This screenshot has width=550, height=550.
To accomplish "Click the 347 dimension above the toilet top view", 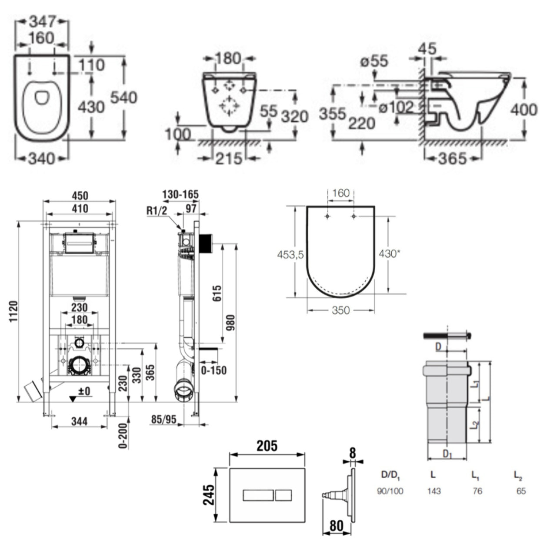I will pyautogui.click(x=42, y=21).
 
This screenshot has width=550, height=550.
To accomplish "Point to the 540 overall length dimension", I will pyautogui.click(x=123, y=97).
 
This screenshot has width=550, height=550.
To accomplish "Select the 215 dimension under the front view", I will pyautogui.click(x=229, y=159).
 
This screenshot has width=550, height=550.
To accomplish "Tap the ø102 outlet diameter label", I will pyautogui.click(x=396, y=107).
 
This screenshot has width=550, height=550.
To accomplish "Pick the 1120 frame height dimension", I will pyautogui.click(x=13, y=311).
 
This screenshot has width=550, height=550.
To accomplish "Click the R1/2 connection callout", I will pyautogui.click(x=157, y=211).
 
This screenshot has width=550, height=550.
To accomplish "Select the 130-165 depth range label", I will pyautogui.click(x=180, y=194).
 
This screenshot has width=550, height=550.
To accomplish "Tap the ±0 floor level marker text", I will pyautogui.click(x=84, y=391).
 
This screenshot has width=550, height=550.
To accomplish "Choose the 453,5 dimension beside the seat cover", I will pyautogui.click(x=290, y=255).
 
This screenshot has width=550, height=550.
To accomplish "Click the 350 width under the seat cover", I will pyautogui.click(x=340, y=310).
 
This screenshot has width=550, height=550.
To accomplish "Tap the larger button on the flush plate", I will pyautogui.click(x=258, y=495).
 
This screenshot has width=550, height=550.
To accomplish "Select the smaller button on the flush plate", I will pyautogui.click(x=283, y=495).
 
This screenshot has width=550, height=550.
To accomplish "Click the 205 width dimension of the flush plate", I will pyautogui.click(x=267, y=446).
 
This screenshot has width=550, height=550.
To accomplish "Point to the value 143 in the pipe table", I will pyautogui.click(x=433, y=491).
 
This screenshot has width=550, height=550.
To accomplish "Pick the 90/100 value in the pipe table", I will pyautogui.click(x=390, y=491).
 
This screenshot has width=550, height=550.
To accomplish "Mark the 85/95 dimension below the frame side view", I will pyautogui.click(x=164, y=420).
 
